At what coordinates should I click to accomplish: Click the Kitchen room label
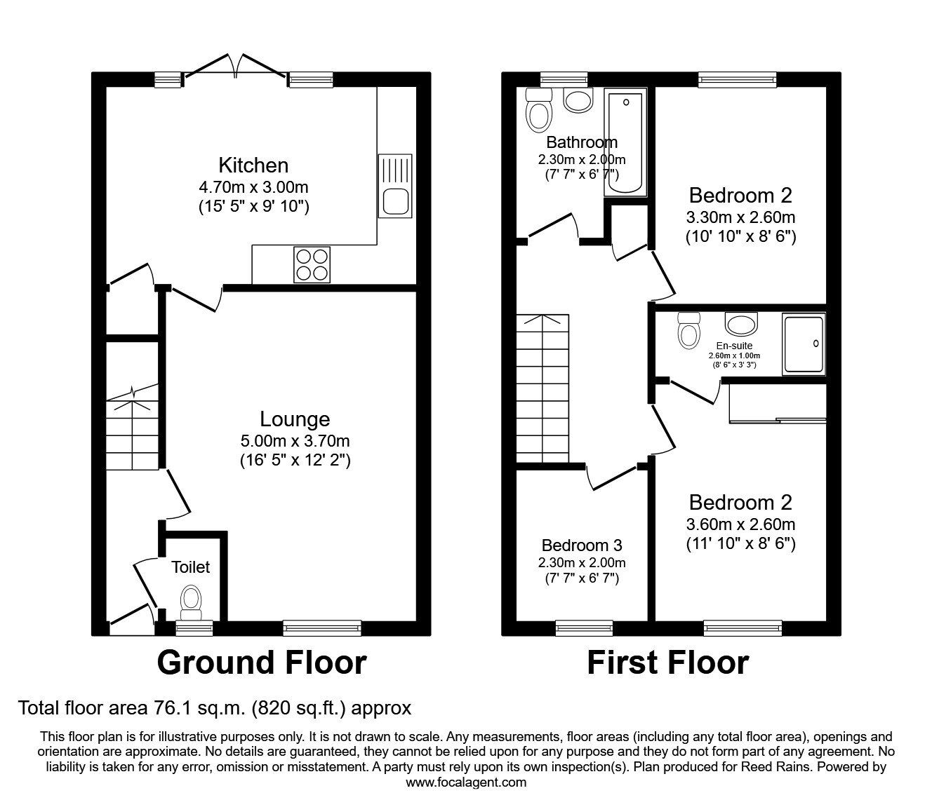253,165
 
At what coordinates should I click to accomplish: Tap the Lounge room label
294,419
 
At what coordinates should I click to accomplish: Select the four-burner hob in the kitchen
312,265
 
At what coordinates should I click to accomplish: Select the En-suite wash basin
741,325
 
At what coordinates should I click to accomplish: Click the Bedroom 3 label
582,545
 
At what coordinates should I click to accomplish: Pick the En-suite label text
734,346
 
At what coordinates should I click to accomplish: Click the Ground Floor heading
261,663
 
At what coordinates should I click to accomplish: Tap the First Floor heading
667,663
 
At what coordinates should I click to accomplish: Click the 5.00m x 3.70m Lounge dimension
294,441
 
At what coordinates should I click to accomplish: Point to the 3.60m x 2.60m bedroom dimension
740,524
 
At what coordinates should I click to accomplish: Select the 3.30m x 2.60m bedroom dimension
740,217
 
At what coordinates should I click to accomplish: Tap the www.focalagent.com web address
466,782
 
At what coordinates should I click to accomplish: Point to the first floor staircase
542,388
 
